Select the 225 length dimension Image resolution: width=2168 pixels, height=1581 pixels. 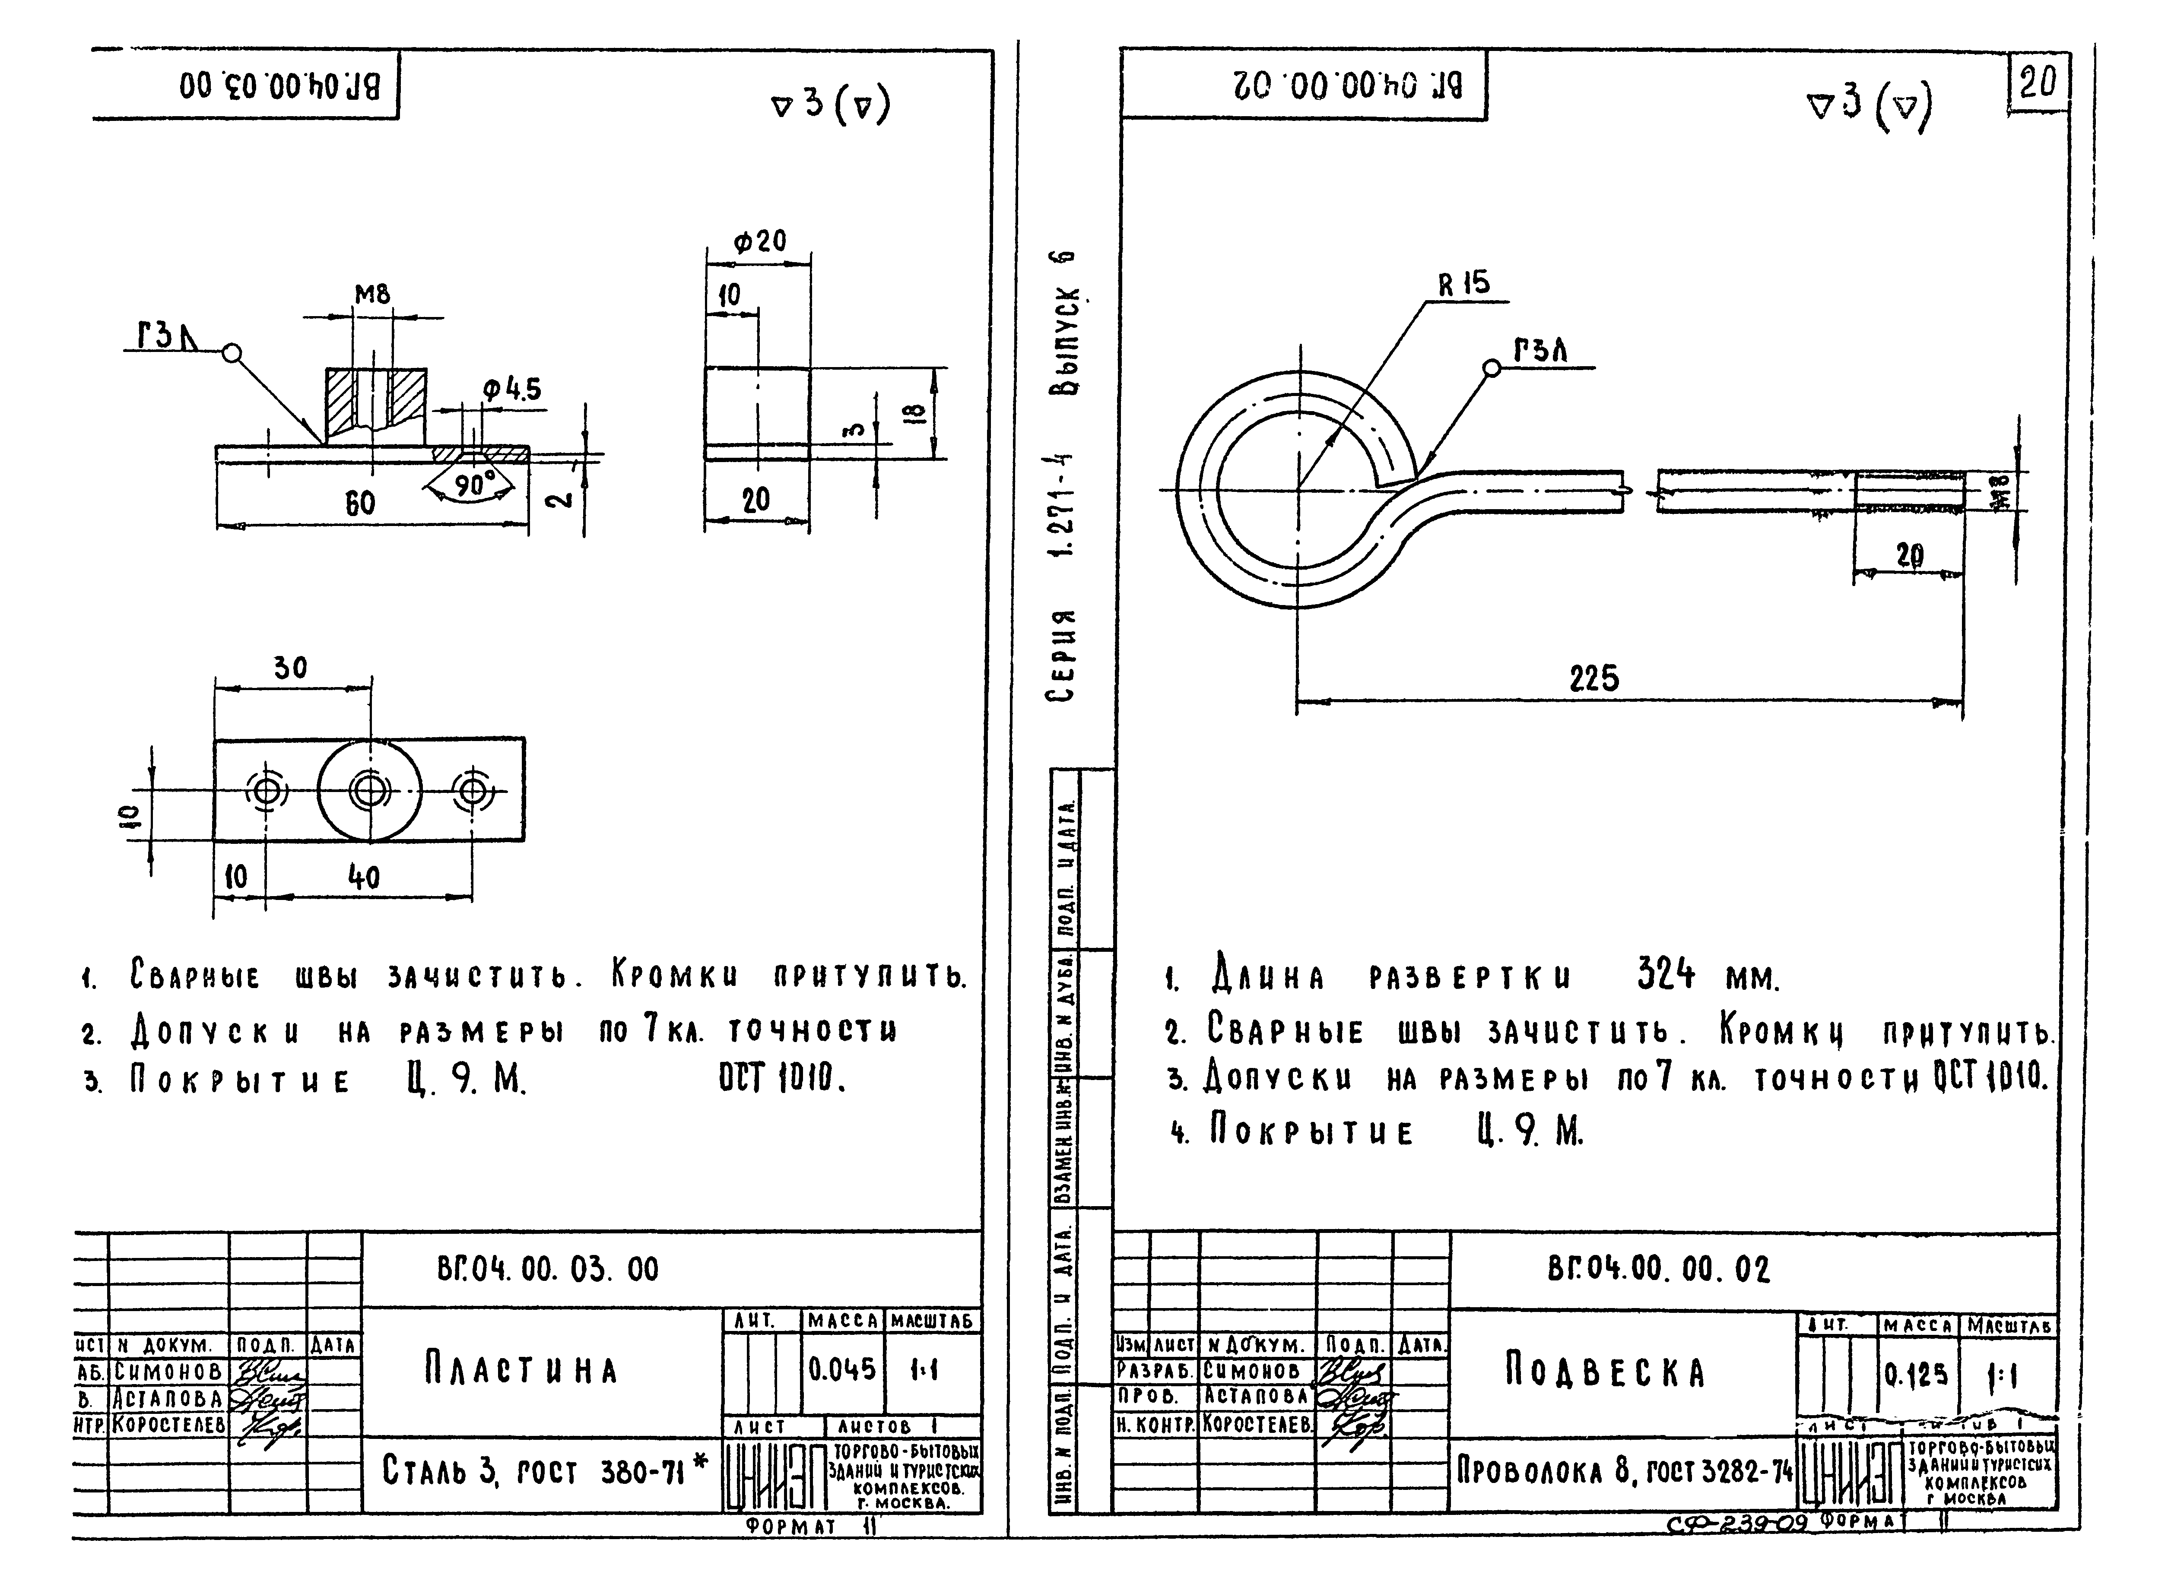pos(1593,678)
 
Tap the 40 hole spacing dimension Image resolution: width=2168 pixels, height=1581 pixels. pos(364,877)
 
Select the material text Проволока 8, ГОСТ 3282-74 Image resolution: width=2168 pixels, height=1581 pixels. pos(1624,1470)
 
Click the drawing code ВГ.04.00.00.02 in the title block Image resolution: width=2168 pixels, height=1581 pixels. pos(1659,1270)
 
